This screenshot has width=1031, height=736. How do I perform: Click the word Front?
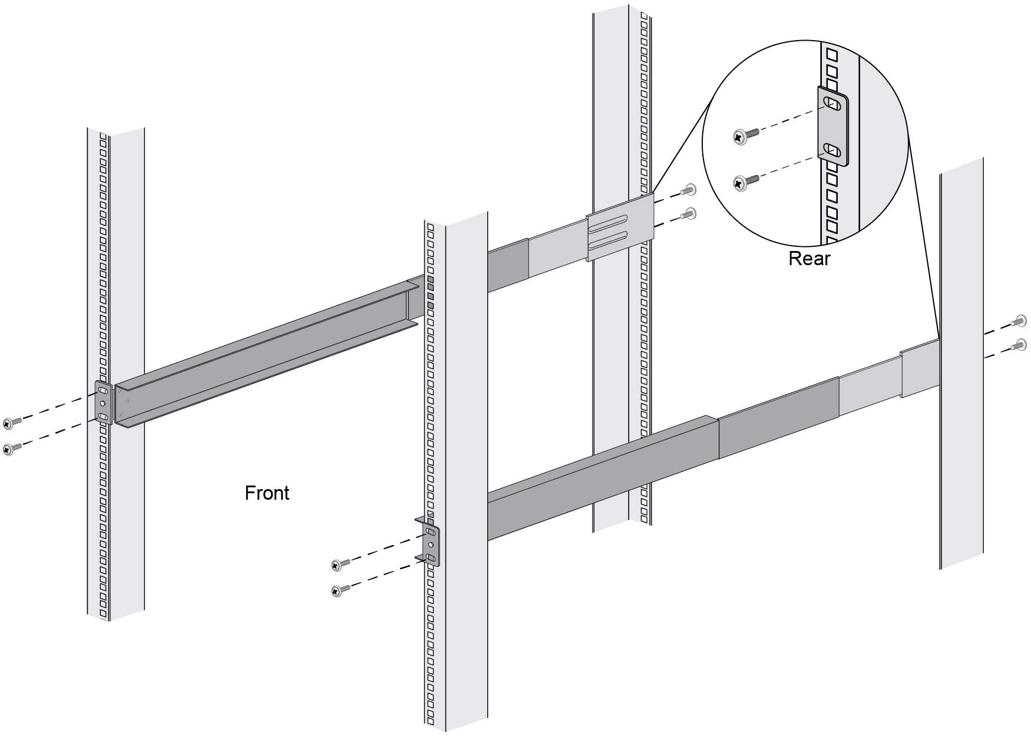pos(267,493)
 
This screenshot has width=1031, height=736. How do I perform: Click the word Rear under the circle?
pos(809,258)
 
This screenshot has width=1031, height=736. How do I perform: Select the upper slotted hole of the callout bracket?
pos(832,104)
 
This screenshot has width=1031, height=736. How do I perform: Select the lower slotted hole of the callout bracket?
pos(832,151)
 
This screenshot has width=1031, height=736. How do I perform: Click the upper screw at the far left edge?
pos(11,423)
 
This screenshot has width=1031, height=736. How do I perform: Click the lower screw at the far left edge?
pos(11,448)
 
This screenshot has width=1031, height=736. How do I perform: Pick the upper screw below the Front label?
pos(339,564)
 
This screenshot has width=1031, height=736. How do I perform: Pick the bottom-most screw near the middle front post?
pos(339,590)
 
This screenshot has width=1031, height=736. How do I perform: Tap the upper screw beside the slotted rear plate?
pos(688,190)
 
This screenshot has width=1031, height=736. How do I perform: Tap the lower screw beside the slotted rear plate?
pos(688,214)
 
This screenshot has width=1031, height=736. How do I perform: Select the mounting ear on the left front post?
pos(103,403)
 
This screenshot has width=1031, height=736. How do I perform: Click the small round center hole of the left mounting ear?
pos(103,404)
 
